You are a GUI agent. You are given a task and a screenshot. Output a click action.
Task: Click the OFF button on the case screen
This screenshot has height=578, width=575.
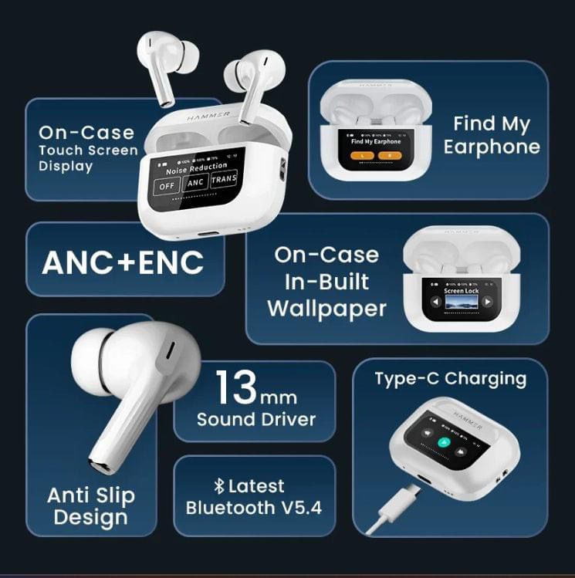click(166, 185)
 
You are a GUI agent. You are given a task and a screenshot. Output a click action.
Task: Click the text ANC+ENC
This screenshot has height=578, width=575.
click(123, 263)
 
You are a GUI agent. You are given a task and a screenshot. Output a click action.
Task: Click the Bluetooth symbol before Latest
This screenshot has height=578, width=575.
click(218, 486)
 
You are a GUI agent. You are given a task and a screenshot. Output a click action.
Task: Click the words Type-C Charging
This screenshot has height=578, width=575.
click(450, 379)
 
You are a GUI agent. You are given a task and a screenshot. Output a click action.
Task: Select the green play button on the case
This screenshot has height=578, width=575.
click(442, 443)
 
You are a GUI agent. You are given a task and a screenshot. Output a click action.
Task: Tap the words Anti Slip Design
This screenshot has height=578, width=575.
click(91, 506)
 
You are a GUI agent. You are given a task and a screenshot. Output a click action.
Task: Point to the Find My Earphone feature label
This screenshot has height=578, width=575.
click(492, 135)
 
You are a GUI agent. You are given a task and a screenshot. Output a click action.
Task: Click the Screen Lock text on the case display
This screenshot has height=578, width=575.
click(461, 291)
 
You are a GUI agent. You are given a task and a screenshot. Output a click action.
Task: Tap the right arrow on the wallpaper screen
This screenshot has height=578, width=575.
click(488, 302)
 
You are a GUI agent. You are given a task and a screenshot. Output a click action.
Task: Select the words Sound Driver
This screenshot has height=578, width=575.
click(256, 420)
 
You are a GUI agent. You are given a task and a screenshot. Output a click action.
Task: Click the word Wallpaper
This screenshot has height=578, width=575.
click(326, 309)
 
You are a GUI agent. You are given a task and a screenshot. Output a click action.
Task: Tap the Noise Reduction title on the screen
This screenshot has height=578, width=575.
click(198, 166)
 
